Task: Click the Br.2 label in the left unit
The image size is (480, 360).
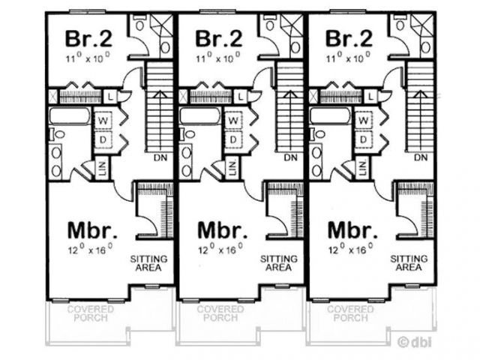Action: [x=88, y=37]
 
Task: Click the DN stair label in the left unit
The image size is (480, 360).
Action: [x=160, y=157]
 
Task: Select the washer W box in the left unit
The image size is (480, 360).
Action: [x=103, y=120]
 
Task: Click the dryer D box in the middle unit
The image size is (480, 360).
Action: [x=233, y=140]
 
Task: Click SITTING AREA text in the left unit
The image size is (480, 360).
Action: [x=149, y=262]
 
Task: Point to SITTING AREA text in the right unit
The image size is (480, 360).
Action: [x=409, y=262]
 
